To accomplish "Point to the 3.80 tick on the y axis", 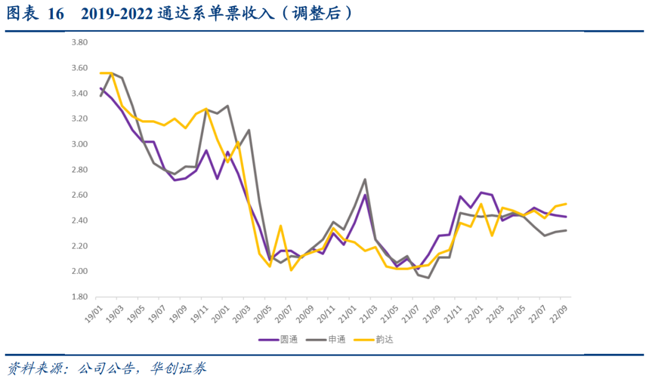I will pos(79,43).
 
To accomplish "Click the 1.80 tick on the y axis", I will pos(79,297).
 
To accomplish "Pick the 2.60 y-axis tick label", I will pos(79,195).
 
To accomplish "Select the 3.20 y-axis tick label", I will pos(79,119).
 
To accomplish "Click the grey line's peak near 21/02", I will pos(365,179).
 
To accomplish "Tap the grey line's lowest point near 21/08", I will pos(428,278).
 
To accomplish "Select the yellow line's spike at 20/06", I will pos(281,226).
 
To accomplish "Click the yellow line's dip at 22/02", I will pos(492,235).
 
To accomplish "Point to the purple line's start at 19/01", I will pos(100,88).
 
